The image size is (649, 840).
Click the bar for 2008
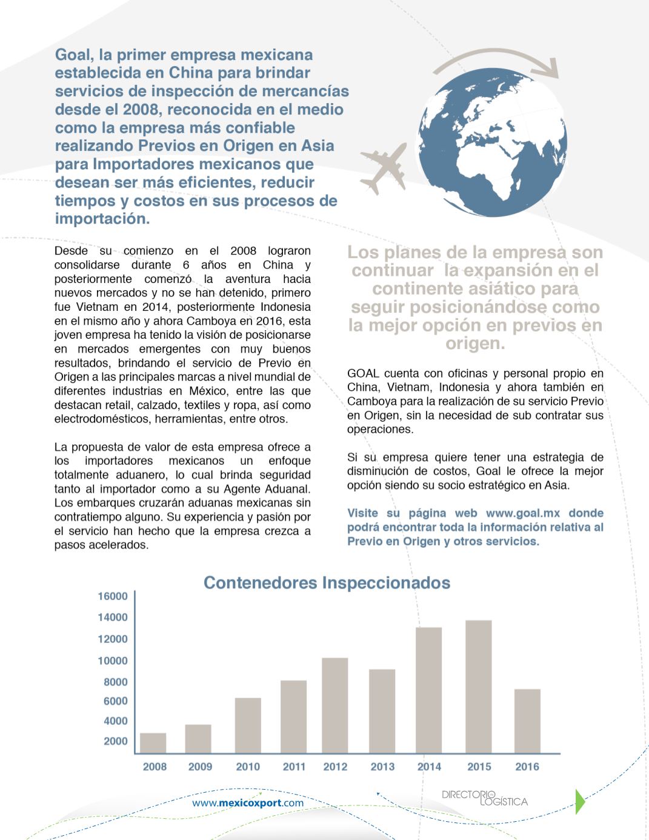[x=153, y=743]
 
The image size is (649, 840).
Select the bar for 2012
[x=334, y=705]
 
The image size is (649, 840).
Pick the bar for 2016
[x=527, y=721]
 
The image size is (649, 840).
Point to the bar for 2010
[x=248, y=725]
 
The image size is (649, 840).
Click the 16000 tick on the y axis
[x=113, y=596]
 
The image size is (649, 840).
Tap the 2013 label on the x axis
[x=382, y=767]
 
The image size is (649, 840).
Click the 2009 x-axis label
[x=200, y=767]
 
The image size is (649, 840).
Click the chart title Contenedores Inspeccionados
[x=327, y=583]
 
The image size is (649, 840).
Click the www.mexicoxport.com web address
[x=248, y=803]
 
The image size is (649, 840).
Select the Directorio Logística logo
[x=484, y=798]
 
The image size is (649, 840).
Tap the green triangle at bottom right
[x=579, y=801]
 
